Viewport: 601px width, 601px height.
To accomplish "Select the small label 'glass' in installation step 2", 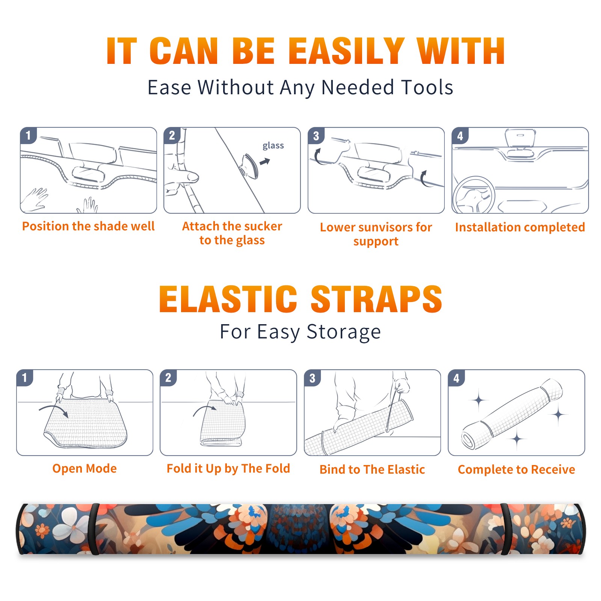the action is pos(273,146).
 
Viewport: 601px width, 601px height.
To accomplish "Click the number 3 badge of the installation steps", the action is pos(316,136).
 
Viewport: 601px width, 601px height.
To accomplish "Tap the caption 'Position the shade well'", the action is pos(88,226).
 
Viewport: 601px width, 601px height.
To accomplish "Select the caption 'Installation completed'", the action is pos(520,227).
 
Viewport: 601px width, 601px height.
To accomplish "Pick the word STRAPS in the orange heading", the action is pos(376,299).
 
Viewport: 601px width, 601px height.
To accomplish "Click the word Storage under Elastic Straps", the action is pos(344,332).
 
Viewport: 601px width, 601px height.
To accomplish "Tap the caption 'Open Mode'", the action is pos(85,469).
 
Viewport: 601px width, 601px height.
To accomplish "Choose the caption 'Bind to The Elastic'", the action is pos(372,470).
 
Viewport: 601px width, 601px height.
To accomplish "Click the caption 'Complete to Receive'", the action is pos(516,470).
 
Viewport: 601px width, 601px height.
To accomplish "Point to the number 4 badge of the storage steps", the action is pos(456,378).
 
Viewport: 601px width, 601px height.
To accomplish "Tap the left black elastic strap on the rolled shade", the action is pos(94,529).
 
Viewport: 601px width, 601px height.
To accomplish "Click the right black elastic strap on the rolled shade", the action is pos(506,529).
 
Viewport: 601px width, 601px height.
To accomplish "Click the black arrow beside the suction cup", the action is pos(265,162).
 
